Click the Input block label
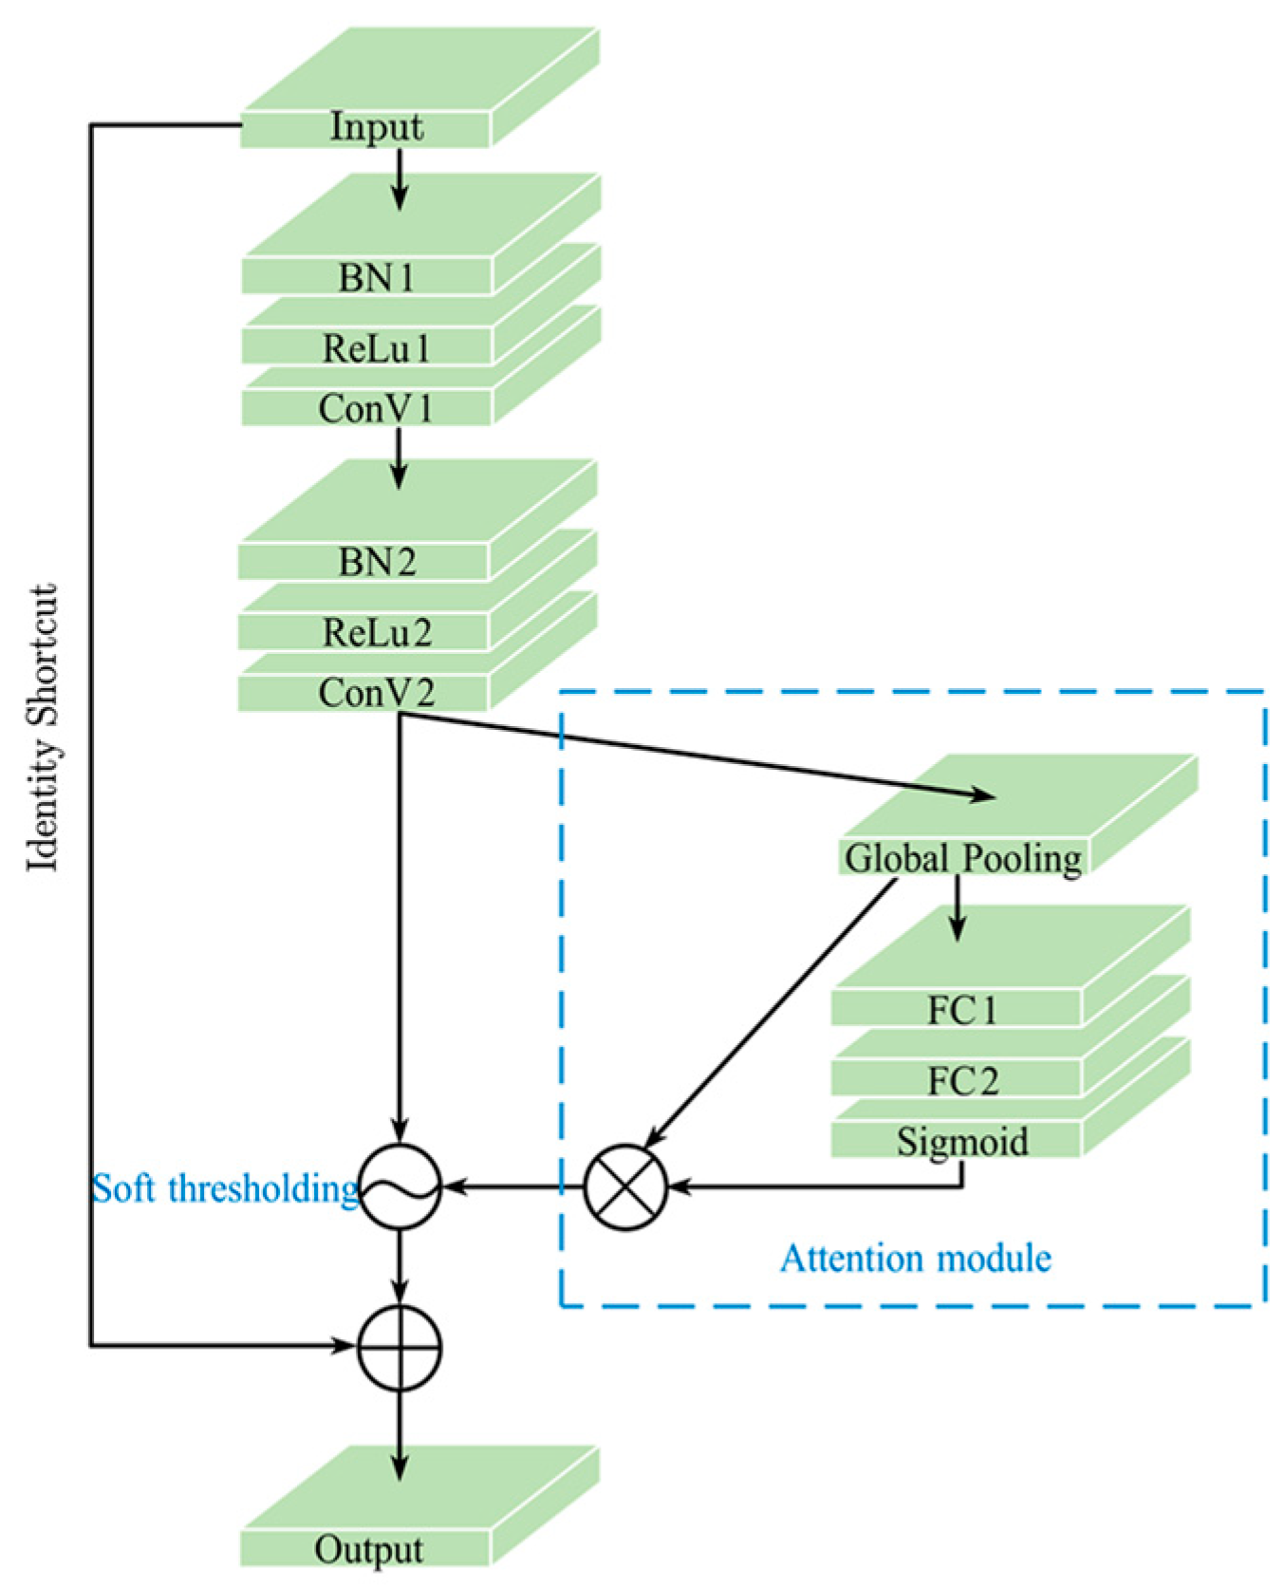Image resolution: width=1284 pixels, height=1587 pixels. point(376,127)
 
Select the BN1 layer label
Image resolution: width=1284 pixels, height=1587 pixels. point(376,277)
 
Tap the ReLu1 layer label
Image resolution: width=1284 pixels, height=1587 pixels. point(376,348)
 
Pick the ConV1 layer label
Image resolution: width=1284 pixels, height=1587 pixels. point(376,408)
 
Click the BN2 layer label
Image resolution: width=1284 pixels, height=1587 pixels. point(376,562)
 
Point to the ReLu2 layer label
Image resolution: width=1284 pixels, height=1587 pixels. point(376,632)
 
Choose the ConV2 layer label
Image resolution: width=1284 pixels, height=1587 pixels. point(376,693)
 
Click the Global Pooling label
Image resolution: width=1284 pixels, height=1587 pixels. point(962,858)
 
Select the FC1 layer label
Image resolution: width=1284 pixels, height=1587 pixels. point(962,1010)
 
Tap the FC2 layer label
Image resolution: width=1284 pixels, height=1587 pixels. point(962,1080)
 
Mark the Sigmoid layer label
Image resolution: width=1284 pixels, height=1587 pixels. point(962,1140)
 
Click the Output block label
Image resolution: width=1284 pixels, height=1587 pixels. point(368,1549)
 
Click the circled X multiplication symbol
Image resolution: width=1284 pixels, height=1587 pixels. point(624,1186)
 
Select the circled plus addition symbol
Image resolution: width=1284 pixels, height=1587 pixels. point(400,1346)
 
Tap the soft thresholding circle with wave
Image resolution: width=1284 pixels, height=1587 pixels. point(400,1186)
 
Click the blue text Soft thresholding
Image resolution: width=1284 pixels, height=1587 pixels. point(224,1188)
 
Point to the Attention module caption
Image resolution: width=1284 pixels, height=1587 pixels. point(915,1259)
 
